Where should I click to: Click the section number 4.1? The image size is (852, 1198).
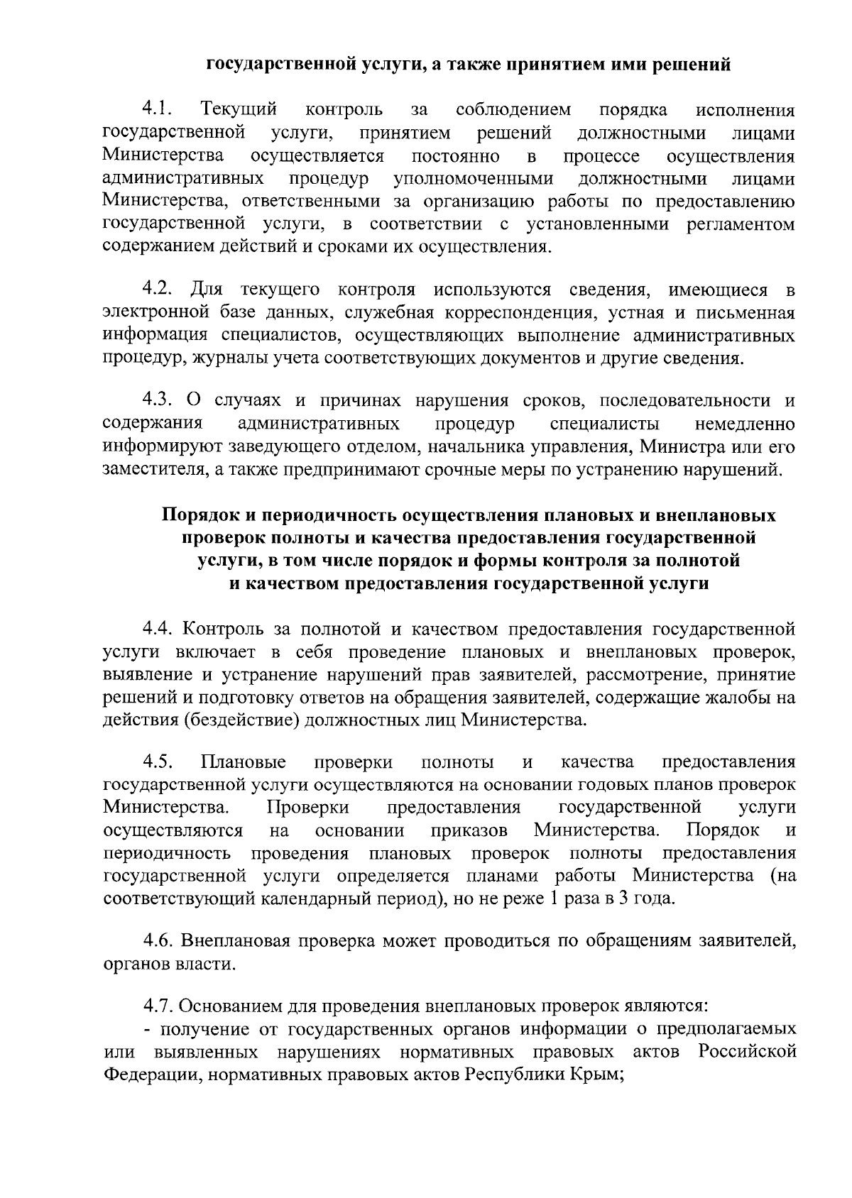(158, 109)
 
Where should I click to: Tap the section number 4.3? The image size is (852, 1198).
(158, 401)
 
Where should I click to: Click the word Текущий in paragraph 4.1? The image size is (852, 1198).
(239, 110)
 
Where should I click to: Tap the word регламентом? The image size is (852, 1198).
(741, 224)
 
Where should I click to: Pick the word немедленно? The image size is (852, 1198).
(745, 424)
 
